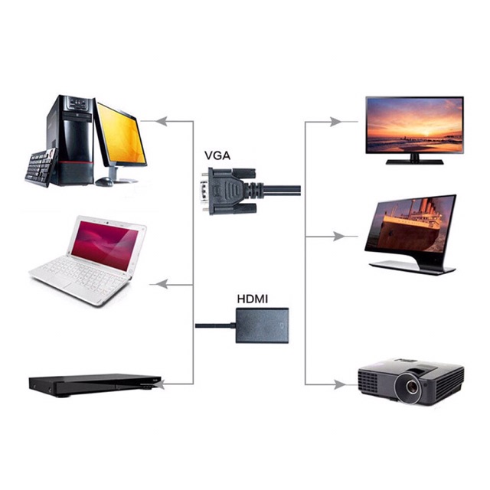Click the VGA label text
coord(217,155)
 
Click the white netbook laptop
coord(88,260)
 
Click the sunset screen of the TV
coord(414,125)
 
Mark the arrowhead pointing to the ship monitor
coord(337,236)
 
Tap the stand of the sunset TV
coord(414,160)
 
